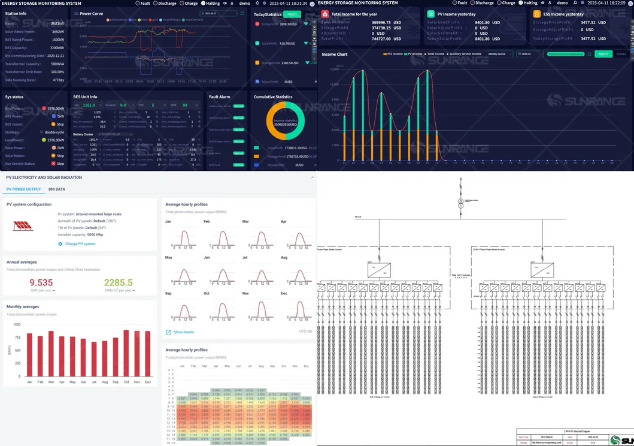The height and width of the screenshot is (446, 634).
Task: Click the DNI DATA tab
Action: pyautogui.click(x=57, y=189)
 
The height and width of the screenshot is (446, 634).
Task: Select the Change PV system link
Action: pyautogui.click(x=80, y=244)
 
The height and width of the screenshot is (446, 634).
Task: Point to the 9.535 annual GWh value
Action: pyautogui.click(x=41, y=283)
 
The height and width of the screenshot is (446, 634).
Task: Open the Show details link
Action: pyautogui.click(x=183, y=332)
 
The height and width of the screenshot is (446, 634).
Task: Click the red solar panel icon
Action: pyautogui.click(x=23, y=225)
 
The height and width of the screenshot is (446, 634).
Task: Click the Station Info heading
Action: pyautogui.click(x=16, y=13)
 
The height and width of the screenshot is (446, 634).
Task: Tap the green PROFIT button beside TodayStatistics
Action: pyautogui.click(x=292, y=14)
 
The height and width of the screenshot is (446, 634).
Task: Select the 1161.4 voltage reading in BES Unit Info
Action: pyautogui.click(x=89, y=105)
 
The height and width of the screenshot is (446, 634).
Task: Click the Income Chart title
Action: pyautogui.click(x=334, y=54)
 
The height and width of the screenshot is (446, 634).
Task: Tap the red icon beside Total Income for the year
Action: pyautogui.click(x=325, y=13)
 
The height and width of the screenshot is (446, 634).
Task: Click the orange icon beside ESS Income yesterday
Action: pyautogui.click(x=537, y=13)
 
